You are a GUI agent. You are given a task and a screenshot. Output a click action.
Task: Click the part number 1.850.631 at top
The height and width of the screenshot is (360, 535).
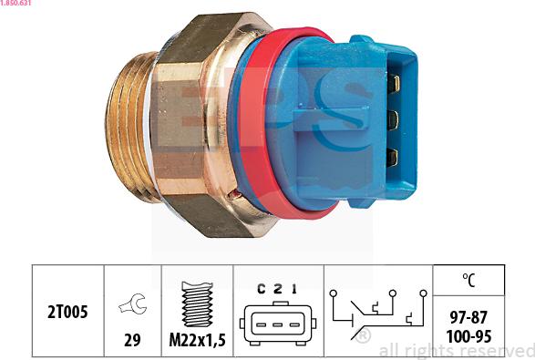tap(15, 3)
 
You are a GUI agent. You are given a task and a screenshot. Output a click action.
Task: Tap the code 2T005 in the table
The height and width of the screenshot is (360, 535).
tap(67, 312)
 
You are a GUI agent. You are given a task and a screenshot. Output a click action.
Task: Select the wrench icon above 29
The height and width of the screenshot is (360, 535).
tap(133, 303)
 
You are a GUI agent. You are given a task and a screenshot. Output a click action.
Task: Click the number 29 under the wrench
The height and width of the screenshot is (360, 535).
tap(132, 340)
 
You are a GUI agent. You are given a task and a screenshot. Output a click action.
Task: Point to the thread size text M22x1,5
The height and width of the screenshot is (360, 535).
tap(197, 340)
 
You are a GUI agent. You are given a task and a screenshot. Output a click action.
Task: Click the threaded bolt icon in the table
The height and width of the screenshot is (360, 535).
tap(197, 304)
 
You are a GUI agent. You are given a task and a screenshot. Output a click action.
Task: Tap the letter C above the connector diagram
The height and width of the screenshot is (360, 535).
tap(262, 289)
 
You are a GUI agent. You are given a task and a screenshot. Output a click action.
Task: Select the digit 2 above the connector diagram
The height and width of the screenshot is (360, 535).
tap(278, 289)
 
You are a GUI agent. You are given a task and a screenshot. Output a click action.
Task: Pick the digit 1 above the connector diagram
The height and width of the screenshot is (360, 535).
tap(294, 289)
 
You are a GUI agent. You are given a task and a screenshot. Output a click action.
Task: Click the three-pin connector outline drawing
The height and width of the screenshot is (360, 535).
tap(278, 324)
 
